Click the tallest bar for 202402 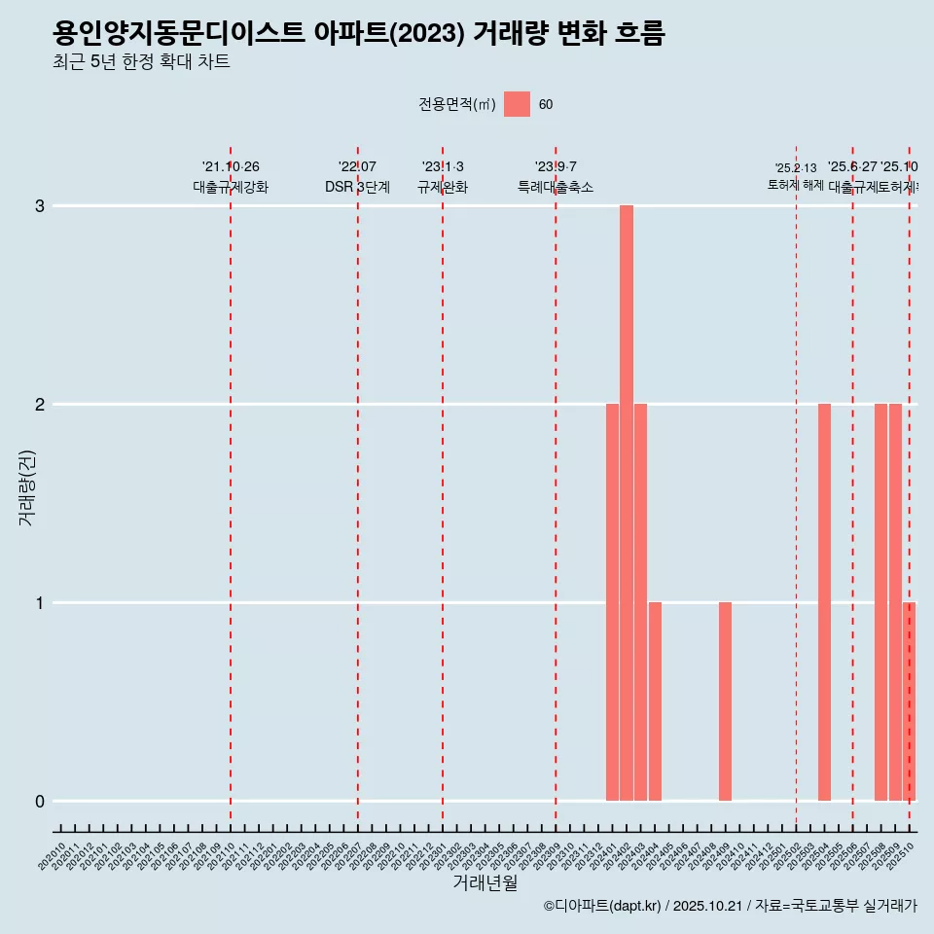tap(627, 503)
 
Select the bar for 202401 tap(612, 602)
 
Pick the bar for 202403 tap(640, 602)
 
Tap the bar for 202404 tap(655, 701)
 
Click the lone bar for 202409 tap(725, 701)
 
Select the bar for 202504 tap(824, 602)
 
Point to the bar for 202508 tap(880, 602)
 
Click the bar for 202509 tap(895, 602)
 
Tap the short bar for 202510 tap(909, 701)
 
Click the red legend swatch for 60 tap(517, 104)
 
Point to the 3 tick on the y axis tap(40, 206)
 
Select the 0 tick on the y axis tap(40, 801)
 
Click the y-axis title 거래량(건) tap(27, 487)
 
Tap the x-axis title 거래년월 tap(485, 883)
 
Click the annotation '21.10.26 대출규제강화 tap(231, 177)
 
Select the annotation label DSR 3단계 tap(358, 188)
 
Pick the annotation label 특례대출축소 tap(556, 188)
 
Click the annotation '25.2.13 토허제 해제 tap(796, 177)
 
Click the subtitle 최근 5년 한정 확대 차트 tap(141, 62)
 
